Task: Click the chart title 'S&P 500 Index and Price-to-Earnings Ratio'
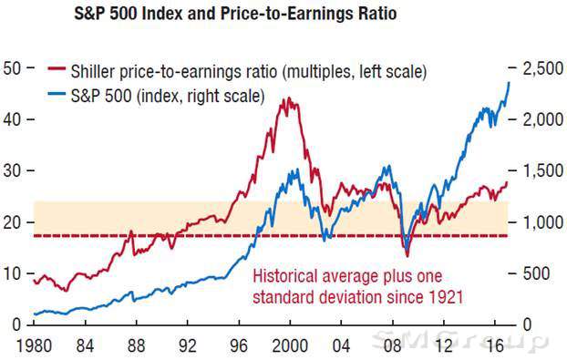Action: [235, 14]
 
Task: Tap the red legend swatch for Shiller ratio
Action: [57, 68]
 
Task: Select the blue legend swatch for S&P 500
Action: [57, 94]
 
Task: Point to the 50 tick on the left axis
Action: [31, 67]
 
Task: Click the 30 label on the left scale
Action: [12, 170]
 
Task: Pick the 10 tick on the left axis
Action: [31, 273]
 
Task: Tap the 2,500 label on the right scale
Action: [542, 68]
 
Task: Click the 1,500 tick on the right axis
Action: [512, 170]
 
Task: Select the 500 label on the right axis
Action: [536, 273]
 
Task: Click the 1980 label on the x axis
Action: [34, 346]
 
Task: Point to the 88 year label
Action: [137, 346]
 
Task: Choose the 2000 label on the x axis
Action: [290, 346]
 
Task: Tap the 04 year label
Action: [341, 346]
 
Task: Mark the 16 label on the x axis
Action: [495, 346]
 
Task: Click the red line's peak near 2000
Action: [288, 98]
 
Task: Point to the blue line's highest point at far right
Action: [510, 82]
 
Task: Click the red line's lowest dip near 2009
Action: [407, 256]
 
